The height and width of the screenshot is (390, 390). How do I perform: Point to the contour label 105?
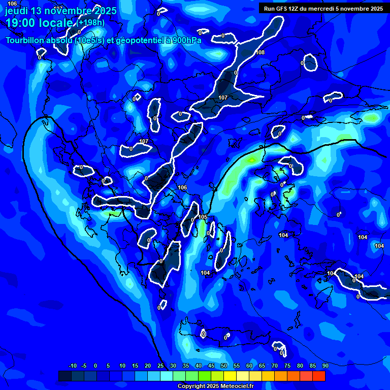coord(203,217)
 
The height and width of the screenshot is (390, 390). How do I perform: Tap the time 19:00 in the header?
coord(22,23)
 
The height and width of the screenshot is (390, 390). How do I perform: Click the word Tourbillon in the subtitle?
coord(25,41)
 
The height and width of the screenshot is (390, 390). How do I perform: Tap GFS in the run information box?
coord(281,9)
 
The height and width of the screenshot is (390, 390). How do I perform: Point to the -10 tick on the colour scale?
coord(72,366)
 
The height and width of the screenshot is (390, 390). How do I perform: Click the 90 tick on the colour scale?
coord(325,366)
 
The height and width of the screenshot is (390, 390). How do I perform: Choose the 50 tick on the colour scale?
coord(224,366)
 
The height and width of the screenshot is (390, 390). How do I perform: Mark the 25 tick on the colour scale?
coord(160,366)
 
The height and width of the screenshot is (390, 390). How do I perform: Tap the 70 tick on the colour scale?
coord(274,366)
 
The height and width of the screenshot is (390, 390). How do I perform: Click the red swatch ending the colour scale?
coord(318,376)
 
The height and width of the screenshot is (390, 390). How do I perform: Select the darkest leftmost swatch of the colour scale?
coord(64,376)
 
